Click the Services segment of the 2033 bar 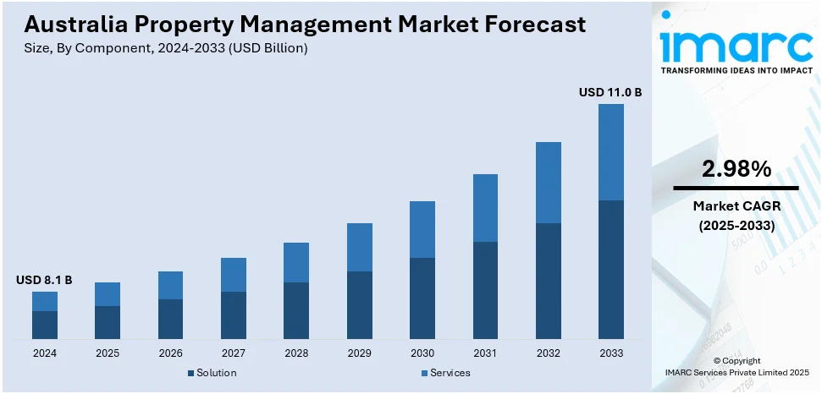610,152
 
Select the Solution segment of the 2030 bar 422,298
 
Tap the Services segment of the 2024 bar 45,301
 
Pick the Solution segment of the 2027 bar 234,315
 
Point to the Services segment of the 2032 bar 548,182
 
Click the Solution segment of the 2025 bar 108,322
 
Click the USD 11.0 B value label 610,91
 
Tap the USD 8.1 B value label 44,279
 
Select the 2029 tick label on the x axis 359,353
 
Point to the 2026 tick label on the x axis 170,353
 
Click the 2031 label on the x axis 485,353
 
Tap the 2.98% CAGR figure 736,169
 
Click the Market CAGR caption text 736,205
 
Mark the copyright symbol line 736,360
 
